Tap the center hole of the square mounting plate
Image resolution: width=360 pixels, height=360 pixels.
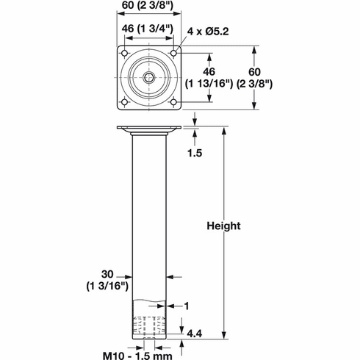coord(148,76)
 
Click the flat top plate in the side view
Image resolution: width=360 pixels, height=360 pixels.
coord(148,131)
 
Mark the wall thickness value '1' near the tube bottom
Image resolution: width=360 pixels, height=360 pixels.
coord(188,304)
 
